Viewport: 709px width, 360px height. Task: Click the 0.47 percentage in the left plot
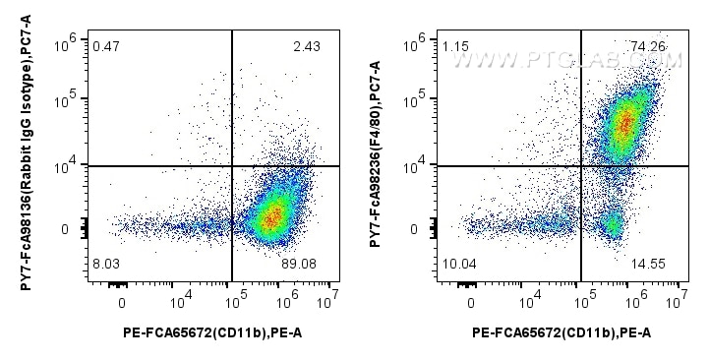click(105, 45)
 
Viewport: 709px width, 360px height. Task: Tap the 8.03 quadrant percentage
click(105, 265)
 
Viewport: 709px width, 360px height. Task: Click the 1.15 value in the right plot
click(455, 45)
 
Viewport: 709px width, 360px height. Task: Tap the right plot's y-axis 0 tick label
click(414, 230)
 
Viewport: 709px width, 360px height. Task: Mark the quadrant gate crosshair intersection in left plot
click(232, 166)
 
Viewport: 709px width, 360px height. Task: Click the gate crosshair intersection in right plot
click(582, 166)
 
